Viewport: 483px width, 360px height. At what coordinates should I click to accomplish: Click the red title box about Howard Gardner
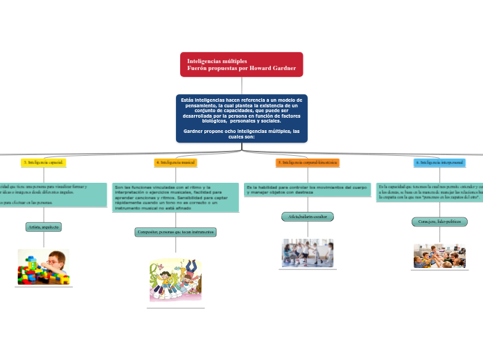(241, 64)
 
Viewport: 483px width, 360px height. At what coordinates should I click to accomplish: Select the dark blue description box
(241, 118)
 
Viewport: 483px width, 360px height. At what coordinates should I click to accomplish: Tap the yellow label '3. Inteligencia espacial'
(43, 163)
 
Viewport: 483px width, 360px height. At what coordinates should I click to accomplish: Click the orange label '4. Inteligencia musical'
(175, 163)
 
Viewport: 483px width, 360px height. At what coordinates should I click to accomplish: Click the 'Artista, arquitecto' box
(43, 227)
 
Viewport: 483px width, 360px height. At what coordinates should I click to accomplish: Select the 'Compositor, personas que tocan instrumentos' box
(175, 232)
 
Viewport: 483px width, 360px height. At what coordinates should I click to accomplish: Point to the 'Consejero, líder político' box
(439, 222)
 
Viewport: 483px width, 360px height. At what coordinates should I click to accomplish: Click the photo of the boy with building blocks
(43, 267)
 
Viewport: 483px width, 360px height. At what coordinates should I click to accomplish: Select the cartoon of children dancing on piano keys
(175, 280)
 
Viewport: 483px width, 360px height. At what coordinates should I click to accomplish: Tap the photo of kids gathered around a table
(439, 255)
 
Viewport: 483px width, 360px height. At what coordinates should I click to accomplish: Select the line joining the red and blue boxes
(241, 85)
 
